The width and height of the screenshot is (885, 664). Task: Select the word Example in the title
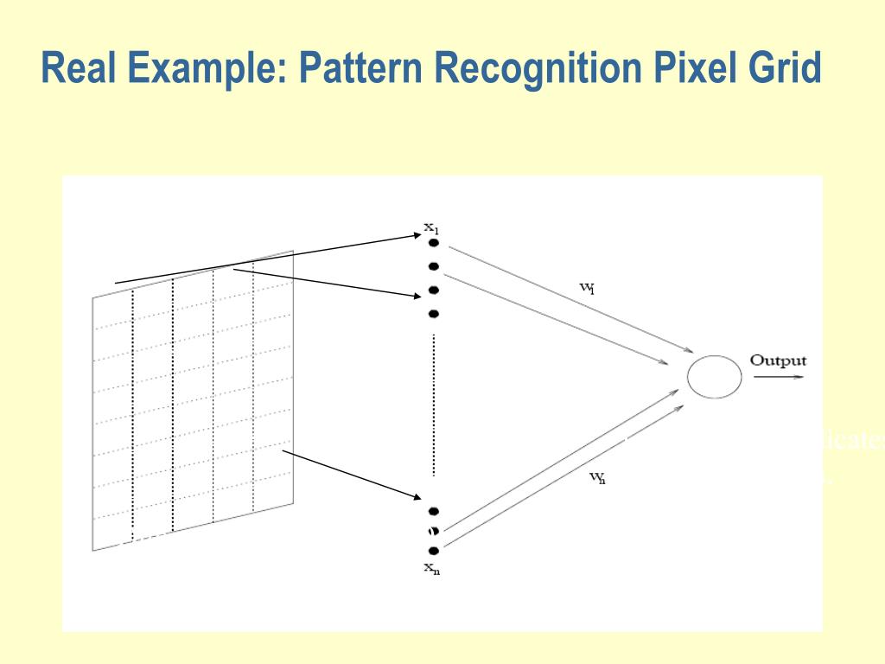[x=204, y=68]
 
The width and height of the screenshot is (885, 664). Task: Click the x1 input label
[x=431, y=228]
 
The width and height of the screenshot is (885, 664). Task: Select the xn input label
[x=431, y=568]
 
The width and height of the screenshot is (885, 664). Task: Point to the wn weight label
[x=597, y=478]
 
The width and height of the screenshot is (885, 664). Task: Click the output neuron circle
[x=714, y=377]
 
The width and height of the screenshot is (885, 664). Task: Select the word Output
[x=778, y=361]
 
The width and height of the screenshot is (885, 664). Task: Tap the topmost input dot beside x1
[x=434, y=243]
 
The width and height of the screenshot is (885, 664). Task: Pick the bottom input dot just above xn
[x=434, y=551]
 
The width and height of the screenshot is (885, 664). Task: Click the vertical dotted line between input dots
[x=434, y=406]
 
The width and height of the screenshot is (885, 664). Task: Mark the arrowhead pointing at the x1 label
[x=417, y=233]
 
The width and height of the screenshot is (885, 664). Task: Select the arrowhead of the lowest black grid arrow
[x=415, y=495]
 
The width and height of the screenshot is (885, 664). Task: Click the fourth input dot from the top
[x=434, y=313]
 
